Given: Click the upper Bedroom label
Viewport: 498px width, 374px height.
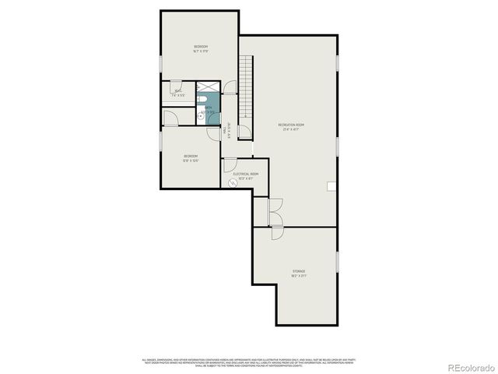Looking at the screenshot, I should pyautogui.click(x=201, y=49).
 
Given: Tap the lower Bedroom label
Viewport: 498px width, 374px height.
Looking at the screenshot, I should pyautogui.click(x=191, y=158).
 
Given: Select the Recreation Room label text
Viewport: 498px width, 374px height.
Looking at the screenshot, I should pyautogui.click(x=291, y=127).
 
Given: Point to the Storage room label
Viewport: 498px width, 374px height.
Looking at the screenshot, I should pyautogui.click(x=299, y=273).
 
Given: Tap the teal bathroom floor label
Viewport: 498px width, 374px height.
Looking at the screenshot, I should pyautogui.click(x=209, y=110).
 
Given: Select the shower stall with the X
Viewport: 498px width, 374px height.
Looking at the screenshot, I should pyautogui.click(x=209, y=87).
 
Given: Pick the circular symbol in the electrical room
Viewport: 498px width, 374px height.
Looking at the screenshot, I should pyautogui.click(x=232, y=184).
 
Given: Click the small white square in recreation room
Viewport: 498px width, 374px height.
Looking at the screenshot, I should pyautogui.click(x=331, y=185).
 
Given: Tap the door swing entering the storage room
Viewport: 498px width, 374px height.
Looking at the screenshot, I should pyautogui.click(x=276, y=233).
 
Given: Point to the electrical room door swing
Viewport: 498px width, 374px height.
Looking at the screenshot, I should pyautogui.click(x=229, y=165).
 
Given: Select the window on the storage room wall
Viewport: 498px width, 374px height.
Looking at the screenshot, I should pyautogui.click(x=338, y=261).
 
